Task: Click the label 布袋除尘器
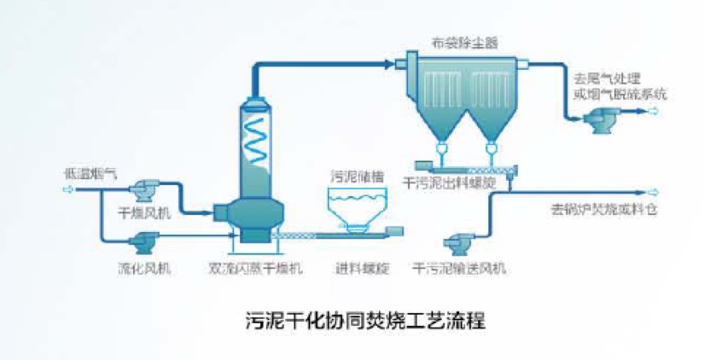coord(464,39)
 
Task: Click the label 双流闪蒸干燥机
coord(256,270)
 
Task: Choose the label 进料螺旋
coord(363,270)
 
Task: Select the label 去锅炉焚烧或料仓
coord(605,210)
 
